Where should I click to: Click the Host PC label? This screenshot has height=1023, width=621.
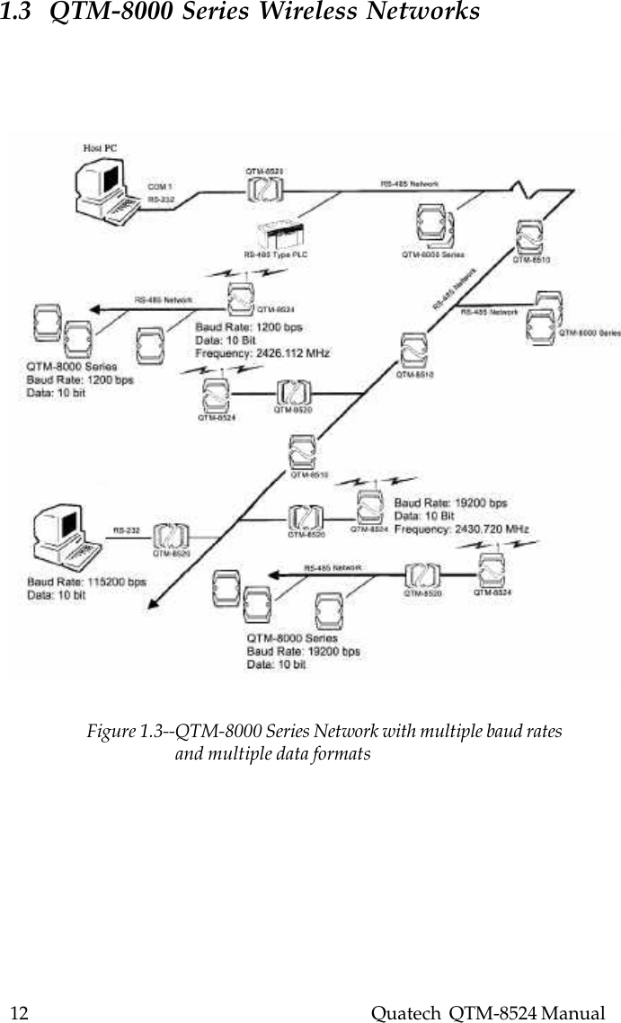[100, 148]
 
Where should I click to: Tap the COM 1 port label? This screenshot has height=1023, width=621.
[160, 186]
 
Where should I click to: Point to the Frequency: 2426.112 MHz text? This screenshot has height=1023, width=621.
[262, 354]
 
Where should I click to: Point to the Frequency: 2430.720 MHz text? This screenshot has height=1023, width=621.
[462, 529]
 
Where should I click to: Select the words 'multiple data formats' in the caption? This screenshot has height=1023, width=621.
[272, 753]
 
